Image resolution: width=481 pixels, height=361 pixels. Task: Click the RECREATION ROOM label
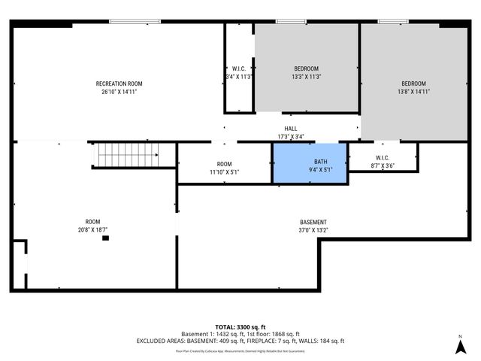[119, 83]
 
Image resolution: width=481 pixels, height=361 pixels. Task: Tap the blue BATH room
[310, 162]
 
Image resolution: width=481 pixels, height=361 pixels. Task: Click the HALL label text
[290, 129]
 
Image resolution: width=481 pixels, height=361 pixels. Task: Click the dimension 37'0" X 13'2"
[313, 230]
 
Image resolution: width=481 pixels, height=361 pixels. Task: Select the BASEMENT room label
[313, 222]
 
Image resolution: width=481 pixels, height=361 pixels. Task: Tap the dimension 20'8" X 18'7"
[92, 229]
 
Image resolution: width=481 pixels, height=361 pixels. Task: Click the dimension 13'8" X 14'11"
[413, 92]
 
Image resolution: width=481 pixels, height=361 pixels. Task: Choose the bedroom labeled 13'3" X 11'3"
[306, 68]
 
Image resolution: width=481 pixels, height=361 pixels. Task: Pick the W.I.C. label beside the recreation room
[240, 68]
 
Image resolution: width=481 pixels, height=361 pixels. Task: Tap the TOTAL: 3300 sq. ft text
[240, 327]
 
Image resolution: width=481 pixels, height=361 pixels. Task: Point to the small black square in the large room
[105, 238]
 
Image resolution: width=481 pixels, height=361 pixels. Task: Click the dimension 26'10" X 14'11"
[119, 92]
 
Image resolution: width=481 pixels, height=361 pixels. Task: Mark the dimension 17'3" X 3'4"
[290, 137]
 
